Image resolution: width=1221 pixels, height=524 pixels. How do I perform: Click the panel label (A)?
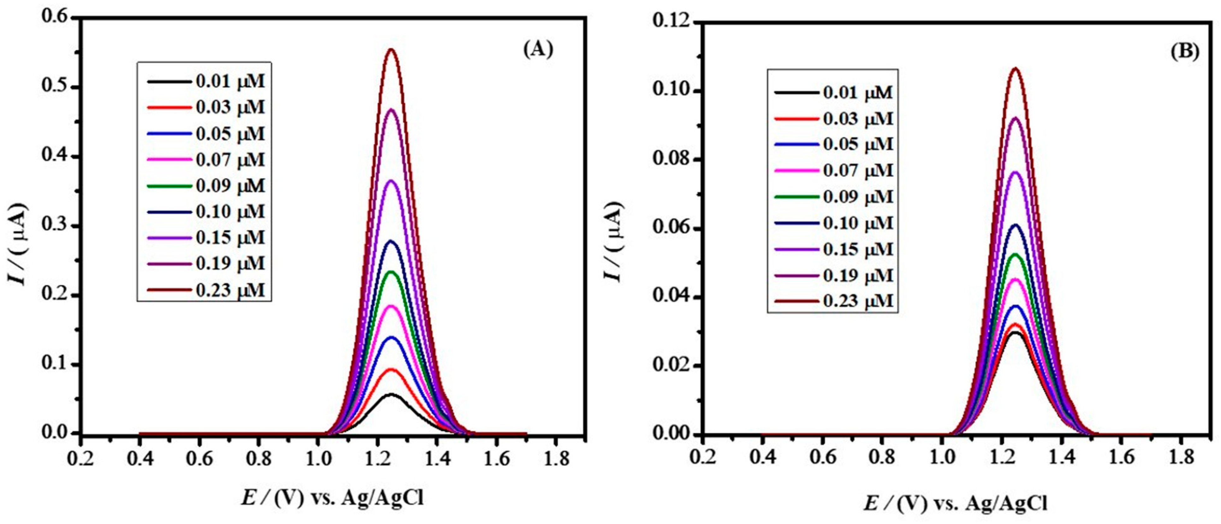(x=538, y=49)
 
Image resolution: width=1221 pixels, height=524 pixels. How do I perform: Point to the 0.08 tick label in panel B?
(x=669, y=160)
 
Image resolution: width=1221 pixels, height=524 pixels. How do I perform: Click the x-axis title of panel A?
(x=332, y=498)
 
